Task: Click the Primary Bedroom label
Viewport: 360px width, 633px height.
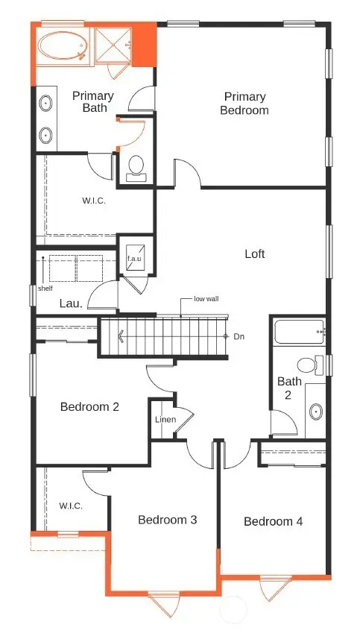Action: tap(245, 103)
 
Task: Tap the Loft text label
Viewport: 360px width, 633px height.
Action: tap(255, 253)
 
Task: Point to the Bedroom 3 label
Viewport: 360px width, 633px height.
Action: tap(167, 519)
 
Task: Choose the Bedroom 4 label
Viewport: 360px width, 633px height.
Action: tap(273, 521)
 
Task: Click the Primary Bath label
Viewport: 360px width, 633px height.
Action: tap(92, 101)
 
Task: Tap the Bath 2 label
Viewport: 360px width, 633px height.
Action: tap(289, 388)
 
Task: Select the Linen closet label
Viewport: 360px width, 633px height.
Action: tap(165, 420)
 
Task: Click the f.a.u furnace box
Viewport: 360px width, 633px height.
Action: tap(135, 258)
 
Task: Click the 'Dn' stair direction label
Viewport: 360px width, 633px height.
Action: tap(239, 336)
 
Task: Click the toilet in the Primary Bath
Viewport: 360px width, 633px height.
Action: tap(136, 166)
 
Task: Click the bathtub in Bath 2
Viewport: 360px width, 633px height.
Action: tap(298, 331)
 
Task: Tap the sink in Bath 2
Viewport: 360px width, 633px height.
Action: tap(315, 411)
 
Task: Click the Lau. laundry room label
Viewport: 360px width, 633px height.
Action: tap(71, 303)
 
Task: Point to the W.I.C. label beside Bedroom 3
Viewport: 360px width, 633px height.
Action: tap(71, 506)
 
